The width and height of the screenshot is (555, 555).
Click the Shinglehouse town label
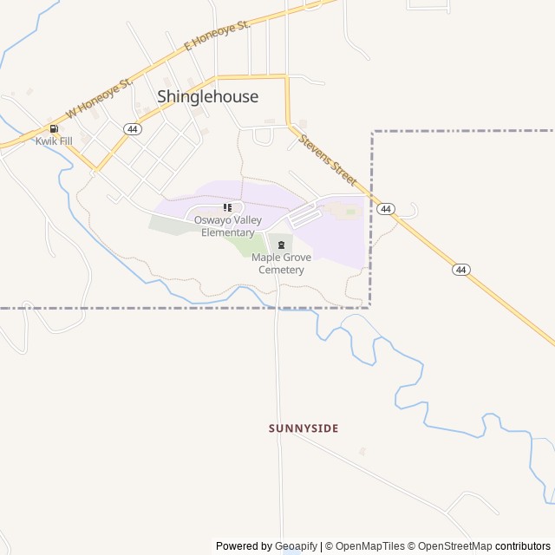(x=207, y=96)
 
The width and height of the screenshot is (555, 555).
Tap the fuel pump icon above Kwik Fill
(x=54, y=128)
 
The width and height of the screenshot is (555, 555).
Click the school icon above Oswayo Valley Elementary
(x=228, y=207)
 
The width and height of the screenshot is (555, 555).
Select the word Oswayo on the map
(x=211, y=220)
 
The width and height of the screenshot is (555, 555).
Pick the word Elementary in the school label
(x=228, y=232)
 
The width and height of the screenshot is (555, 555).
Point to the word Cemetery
(x=281, y=270)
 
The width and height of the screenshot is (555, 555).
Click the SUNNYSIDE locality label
(x=304, y=428)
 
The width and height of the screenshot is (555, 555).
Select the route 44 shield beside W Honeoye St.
(x=132, y=128)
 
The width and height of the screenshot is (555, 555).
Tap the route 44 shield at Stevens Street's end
(x=387, y=209)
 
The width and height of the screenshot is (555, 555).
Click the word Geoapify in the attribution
(x=297, y=546)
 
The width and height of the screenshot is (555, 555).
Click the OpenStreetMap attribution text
(x=453, y=546)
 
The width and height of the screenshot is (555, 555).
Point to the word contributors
(x=523, y=546)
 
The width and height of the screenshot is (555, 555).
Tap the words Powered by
(x=244, y=546)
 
